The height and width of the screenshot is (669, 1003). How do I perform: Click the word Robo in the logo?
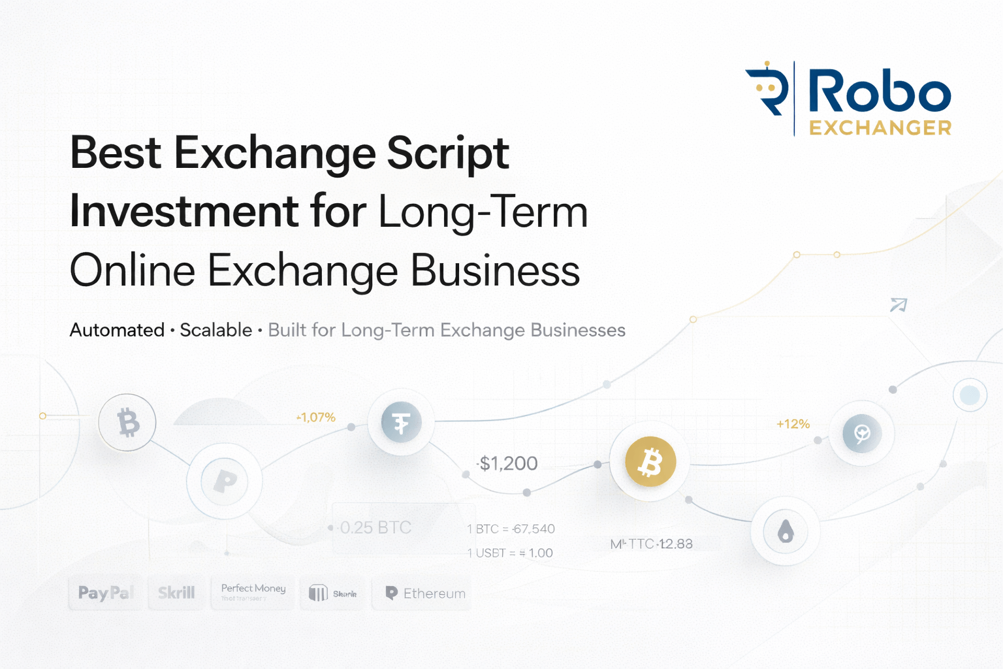click(879, 92)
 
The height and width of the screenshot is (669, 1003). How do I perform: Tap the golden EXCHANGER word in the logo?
click(880, 127)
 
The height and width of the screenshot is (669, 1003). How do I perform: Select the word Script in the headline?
click(448, 154)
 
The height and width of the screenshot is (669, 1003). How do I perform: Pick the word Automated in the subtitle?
click(117, 330)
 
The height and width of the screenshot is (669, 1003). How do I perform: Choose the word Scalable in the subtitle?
click(215, 330)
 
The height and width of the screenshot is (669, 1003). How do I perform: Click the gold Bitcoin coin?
click(650, 462)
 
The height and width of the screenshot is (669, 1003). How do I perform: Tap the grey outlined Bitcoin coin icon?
click(128, 423)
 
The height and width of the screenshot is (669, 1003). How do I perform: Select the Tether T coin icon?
click(401, 423)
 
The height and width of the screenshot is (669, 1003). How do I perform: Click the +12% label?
click(793, 424)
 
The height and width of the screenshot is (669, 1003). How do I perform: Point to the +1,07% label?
click(316, 417)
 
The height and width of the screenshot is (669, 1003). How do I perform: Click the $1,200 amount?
click(508, 463)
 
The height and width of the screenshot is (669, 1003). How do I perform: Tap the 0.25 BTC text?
click(375, 527)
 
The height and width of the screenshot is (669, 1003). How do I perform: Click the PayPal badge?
click(105, 593)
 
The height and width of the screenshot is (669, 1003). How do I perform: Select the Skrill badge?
click(176, 593)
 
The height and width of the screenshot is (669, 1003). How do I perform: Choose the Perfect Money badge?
click(253, 592)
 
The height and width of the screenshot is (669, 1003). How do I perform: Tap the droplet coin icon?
click(786, 532)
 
